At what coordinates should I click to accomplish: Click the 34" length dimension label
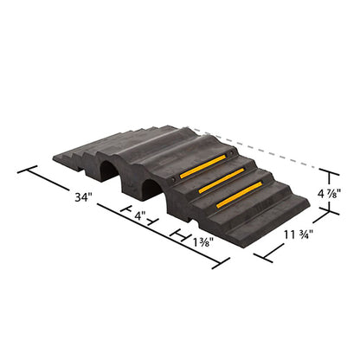coord(82,197)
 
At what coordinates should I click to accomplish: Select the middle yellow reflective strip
coord(222,182)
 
